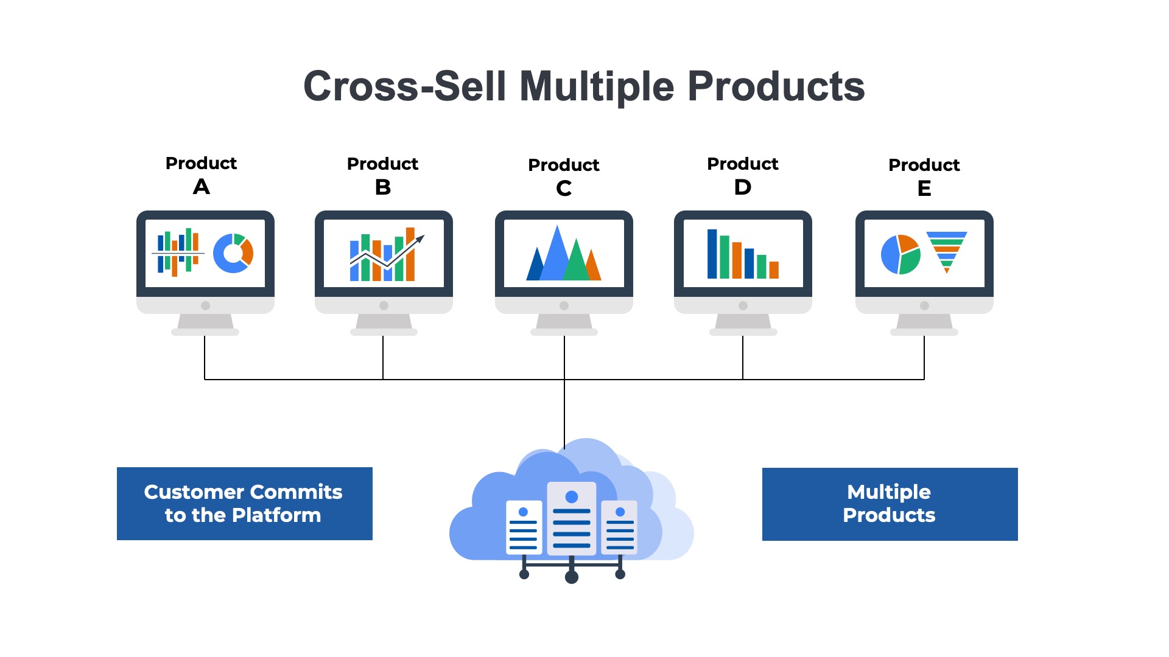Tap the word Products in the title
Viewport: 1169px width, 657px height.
776,86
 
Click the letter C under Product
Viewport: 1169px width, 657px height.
564,189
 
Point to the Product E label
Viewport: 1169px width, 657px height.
924,176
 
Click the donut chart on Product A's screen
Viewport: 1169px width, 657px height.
233,253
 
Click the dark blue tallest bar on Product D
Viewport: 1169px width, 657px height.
712,254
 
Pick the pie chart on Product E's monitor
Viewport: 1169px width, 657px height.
900,254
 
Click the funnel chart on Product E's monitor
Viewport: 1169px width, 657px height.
946,249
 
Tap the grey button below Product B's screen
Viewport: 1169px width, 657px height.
384,305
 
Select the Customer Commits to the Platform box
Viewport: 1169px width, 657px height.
244,503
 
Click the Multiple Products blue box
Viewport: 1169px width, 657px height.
890,504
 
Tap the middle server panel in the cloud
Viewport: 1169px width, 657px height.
571,518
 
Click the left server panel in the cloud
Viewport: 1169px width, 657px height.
524,527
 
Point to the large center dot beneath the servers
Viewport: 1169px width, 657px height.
571,577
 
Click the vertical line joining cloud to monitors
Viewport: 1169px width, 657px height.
564,414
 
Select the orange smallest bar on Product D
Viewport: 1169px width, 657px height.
774,269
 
